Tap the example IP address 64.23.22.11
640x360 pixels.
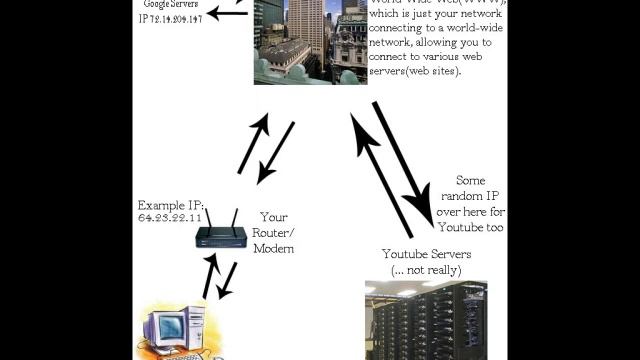170,217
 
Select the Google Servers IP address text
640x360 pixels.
170,19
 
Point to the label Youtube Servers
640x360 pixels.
426,255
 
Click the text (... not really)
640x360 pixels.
426,270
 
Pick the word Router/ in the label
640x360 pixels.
274,232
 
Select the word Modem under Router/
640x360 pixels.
273,248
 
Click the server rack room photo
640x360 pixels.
426,320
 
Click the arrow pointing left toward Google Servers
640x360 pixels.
228,12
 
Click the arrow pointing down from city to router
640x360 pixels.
277,152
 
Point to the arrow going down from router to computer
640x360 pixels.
228,280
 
